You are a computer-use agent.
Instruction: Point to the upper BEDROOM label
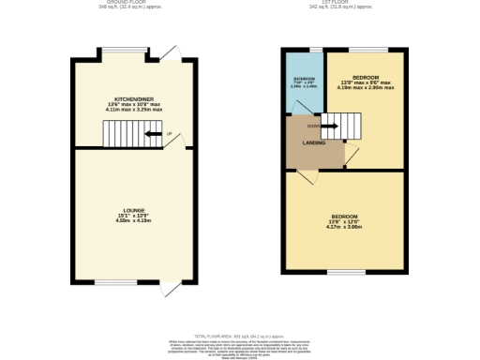point(367,76)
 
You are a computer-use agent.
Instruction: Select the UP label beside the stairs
point(168,134)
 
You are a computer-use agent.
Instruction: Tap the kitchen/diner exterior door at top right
point(169,51)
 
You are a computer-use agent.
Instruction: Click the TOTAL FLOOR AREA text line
point(238,334)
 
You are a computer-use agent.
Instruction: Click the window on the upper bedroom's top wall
point(374,47)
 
